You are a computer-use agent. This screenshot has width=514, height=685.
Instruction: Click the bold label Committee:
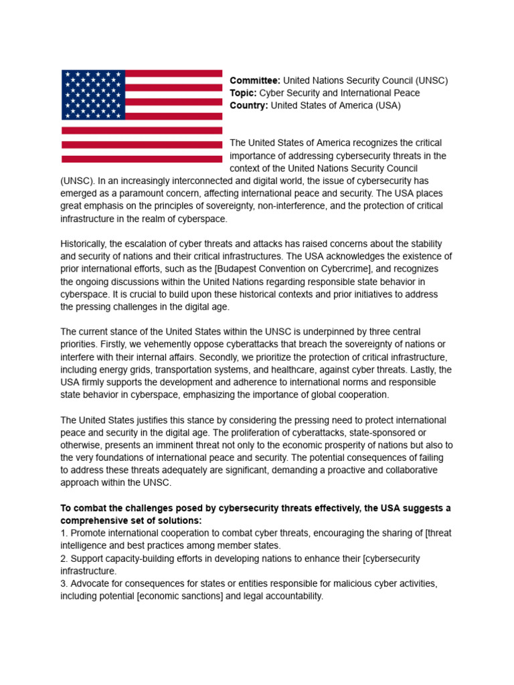click(255, 80)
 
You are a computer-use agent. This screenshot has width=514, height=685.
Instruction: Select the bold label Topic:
click(244, 93)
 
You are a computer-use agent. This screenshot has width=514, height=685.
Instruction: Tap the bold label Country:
click(249, 106)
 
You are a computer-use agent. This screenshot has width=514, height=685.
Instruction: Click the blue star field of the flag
click(93, 94)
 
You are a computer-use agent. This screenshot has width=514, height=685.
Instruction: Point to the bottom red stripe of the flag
click(142, 159)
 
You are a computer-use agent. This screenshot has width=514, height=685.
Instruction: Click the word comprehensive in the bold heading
click(94, 520)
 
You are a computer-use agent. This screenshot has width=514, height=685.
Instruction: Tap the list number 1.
click(64, 533)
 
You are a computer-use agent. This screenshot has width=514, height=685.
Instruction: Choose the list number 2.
click(64, 559)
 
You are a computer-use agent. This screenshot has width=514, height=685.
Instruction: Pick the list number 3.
click(64, 583)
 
